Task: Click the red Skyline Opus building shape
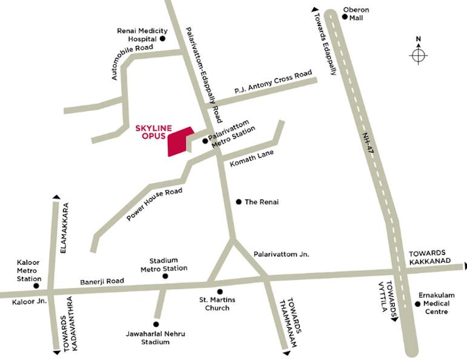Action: pos(179,142)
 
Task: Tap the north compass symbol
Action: pos(418,55)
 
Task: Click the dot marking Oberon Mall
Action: pos(344,18)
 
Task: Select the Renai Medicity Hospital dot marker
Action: pos(162,38)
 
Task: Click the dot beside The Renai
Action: pos(238,201)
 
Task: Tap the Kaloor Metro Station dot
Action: pos(36,285)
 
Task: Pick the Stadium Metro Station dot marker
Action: pos(165,276)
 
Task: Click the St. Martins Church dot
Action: pos(220,292)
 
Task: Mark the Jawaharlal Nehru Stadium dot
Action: pos(156,324)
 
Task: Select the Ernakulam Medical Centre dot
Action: pos(417,304)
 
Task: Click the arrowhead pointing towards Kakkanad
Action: pos(464,265)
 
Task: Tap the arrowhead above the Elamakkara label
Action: pos(56,197)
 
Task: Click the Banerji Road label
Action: pos(102,281)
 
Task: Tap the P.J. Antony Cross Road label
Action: pos(273,83)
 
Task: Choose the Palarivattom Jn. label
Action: pos(281,255)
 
